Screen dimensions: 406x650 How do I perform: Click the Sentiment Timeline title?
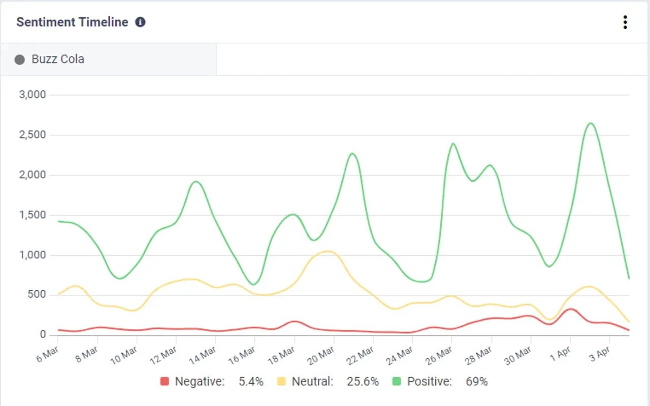[72, 22]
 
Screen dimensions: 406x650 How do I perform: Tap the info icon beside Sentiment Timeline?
[140, 22]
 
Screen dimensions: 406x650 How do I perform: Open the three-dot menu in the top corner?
[625, 22]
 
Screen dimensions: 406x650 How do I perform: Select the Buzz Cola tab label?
[58, 59]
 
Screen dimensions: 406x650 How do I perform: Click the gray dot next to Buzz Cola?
[20, 60]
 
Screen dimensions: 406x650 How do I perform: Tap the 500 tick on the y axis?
[37, 295]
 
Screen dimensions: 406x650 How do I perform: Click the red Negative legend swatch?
[165, 382]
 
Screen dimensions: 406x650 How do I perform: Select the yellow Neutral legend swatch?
[281, 382]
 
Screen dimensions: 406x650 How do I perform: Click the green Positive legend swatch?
[397, 382]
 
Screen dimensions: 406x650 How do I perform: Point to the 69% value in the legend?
[476, 382]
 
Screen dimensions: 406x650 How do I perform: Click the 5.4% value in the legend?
[251, 382]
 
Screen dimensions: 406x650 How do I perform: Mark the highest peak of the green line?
[591, 123]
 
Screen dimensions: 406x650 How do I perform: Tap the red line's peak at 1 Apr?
[570, 309]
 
